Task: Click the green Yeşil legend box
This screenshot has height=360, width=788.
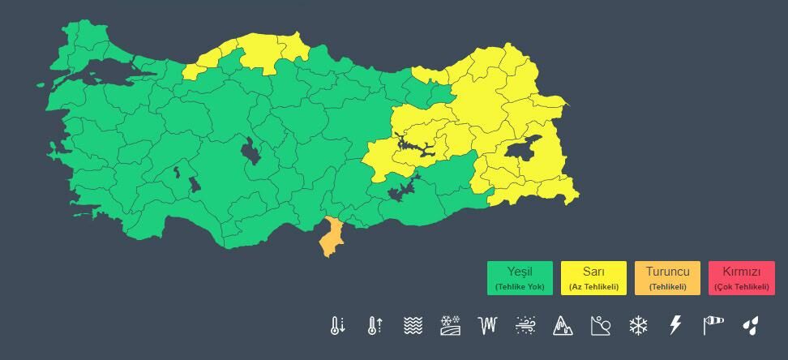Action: (x=520, y=277)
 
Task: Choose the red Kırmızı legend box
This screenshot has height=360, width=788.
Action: (x=741, y=277)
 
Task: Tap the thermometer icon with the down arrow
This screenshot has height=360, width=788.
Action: (x=337, y=326)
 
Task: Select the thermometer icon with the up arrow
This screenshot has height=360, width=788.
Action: (x=375, y=326)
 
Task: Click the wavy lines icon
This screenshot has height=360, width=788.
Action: (x=413, y=326)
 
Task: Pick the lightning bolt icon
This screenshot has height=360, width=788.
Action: (x=675, y=326)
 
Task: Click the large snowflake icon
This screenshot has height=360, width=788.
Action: (x=638, y=326)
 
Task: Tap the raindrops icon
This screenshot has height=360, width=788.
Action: (x=750, y=326)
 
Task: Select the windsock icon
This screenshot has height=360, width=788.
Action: (x=713, y=326)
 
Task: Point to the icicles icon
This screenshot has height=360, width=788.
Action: (x=487, y=326)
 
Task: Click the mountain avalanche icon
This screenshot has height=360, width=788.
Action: (x=563, y=326)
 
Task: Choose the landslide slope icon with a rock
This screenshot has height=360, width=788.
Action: (x=600, y=326)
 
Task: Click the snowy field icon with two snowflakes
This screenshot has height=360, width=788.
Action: (x=450, y=326)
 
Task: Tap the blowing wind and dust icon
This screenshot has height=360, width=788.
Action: (x=525, y=326)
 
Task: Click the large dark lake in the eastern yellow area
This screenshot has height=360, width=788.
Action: (x=523, y=149)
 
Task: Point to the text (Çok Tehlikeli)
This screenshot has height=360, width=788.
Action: (x=741, y=287)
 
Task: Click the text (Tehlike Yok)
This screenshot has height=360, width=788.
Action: (x=520, y=287)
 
